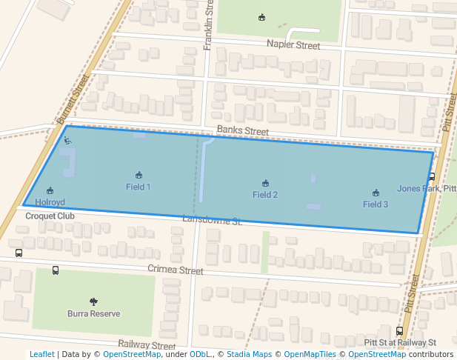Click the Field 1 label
pyautogui.click(x=139, y=187)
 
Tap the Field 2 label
pyautogui.click(x=265, y=195)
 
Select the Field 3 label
pyautogui.click(x=376, y=204)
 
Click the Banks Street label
pyautogui.click(x=242, y=132)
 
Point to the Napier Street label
pyautogui.click(x=293, y=46)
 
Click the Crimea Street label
pyautogui.click(x=175, y=270)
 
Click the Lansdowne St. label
pyautogui.click(x=213, y=221)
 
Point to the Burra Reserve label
pyautogui.click(x=93, y=314)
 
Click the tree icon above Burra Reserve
pyautogui.click(x=93, y=301)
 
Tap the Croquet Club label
pyautogui.click(x=50, y=216)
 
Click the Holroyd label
pyautogui.click(x=50, y=202)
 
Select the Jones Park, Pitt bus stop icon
pyautogui.click(x=431, y=176)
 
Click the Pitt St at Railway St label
pyautogui.click(x=401, y=343)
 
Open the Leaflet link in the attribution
pyautogui.click(x=41, y=355)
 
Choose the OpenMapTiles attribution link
pyautogui.click(x=310, y=355)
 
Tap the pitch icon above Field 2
pyautogui.click(x=265, y=183)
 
